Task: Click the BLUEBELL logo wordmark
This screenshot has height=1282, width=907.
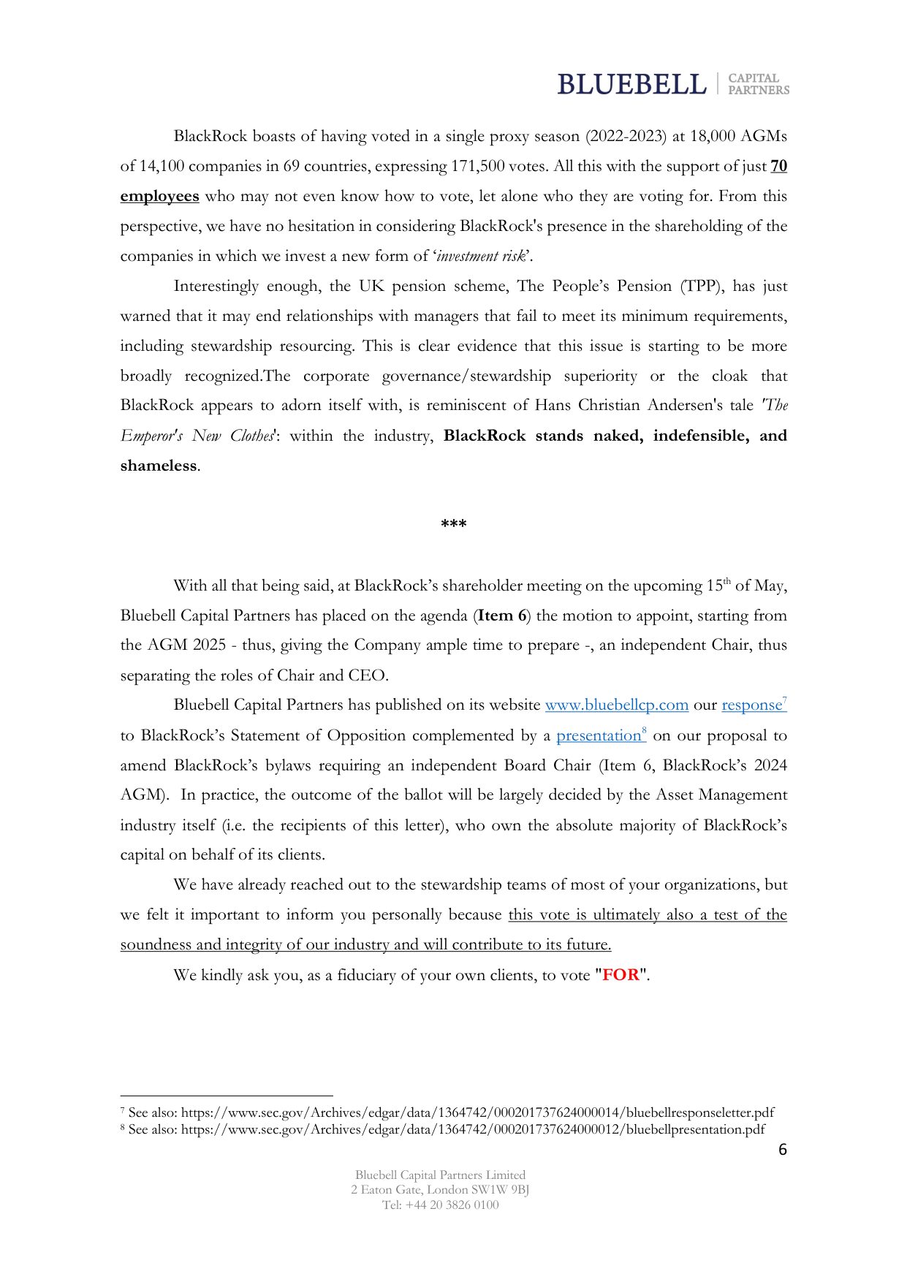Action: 631,85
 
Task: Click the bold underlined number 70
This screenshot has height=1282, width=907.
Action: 779,166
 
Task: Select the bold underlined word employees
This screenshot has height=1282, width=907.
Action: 159,196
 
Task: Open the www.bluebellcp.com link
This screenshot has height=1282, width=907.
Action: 617,705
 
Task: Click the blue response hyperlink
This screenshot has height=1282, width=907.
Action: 752,705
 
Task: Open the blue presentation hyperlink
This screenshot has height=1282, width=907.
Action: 599,735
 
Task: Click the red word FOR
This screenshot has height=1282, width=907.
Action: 621,975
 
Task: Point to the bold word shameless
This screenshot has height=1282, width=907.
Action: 159,466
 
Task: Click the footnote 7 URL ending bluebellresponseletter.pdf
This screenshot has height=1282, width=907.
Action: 477,1112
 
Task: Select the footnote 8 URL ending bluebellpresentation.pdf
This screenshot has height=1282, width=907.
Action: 473,1129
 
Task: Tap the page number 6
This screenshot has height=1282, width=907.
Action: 783,1150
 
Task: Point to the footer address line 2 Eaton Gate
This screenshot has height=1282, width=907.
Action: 440,1190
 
